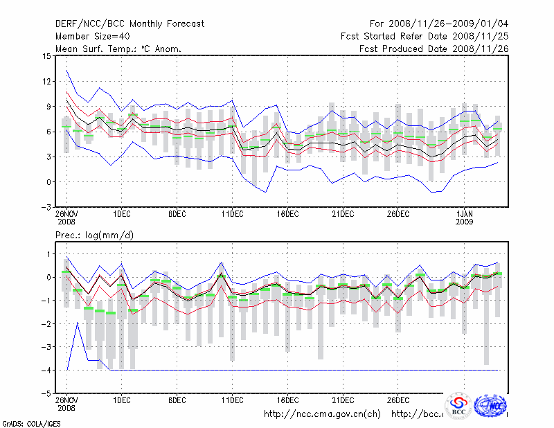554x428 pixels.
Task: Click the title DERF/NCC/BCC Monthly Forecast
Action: [x=129, y=24]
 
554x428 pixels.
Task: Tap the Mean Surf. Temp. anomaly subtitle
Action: [x=118, y=48]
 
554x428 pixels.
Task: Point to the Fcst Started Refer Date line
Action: [x=425, y=37]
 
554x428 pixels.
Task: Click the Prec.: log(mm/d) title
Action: [x=95, y=235]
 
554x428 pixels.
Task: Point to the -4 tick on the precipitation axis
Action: [x=46, y=371]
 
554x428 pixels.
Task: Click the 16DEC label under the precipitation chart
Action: [x=287, y=400]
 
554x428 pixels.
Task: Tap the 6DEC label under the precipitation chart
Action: [x=177, y=400]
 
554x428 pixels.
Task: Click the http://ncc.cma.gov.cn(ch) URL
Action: [x=322, y=414]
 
